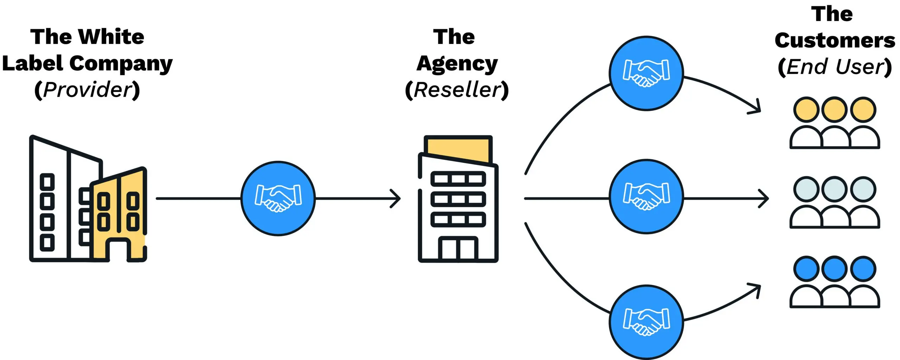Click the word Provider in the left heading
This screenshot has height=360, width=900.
(88, 90)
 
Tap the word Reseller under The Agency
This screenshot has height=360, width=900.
(457, 90)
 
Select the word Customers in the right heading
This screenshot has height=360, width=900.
(835, 40)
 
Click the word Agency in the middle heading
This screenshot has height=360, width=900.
(457, 64)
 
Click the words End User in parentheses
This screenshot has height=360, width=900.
(835, 67)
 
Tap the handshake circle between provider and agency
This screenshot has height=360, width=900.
(278, 199)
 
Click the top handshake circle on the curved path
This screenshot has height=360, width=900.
(646, 73)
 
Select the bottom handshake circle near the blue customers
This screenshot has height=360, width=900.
(646, 322)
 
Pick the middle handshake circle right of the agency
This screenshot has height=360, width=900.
(646, 197)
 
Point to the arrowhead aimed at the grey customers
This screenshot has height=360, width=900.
(765, 199)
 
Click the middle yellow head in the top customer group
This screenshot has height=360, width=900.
(834, 110)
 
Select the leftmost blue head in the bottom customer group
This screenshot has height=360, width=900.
(806, 269)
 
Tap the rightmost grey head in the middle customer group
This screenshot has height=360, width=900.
(863, 189)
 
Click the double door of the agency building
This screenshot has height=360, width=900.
(458, 249)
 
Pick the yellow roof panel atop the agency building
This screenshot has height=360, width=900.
(458, 148)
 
